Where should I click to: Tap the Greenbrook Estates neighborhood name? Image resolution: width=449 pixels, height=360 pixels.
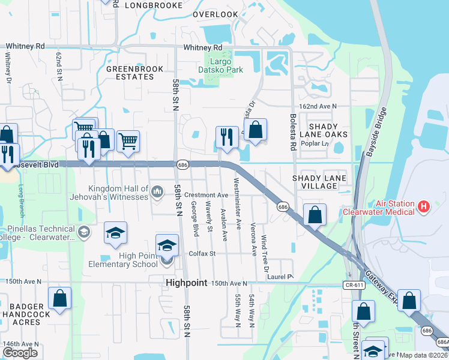click(x=130, y=73)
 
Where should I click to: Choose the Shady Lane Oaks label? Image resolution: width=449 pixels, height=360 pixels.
click(x=327, y=130)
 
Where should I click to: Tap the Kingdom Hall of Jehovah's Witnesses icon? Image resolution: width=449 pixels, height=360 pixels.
click(x=158, y=191)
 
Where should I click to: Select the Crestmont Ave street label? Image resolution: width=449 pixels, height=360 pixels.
click(x=206, y=195)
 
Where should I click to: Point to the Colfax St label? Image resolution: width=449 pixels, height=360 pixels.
click(x=203, y=254)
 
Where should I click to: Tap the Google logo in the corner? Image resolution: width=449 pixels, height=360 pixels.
click(x=20, y=353)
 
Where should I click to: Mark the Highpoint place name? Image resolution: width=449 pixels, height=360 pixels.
click(x=186, y=282)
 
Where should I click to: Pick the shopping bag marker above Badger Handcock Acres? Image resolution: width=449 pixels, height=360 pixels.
click(x=60, y=298)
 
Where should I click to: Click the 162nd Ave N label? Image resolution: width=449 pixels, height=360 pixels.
click(x=318, y=106)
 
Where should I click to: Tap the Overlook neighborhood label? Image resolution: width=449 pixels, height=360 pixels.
click(x=215, y=14)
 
